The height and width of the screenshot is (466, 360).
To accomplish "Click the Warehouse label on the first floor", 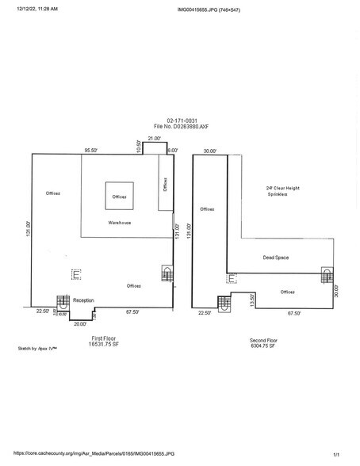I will point(120,223).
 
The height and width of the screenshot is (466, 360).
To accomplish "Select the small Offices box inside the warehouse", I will point(119,197).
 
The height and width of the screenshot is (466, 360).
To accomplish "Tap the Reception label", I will point(83,300).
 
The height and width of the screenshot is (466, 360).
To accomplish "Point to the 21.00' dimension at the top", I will point(155,138).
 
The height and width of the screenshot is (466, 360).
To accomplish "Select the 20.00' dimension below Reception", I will point(79,323).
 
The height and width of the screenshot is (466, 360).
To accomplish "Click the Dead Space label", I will point(274,258).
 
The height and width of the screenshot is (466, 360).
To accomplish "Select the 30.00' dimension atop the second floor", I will point(209,150).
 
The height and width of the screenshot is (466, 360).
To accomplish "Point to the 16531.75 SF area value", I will point(105,344).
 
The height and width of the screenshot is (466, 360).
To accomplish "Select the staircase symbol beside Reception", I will point(59,311).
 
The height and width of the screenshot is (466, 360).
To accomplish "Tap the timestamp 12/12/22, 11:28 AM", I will point(36,10).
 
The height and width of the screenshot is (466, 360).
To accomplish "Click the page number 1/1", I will point(336,453).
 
